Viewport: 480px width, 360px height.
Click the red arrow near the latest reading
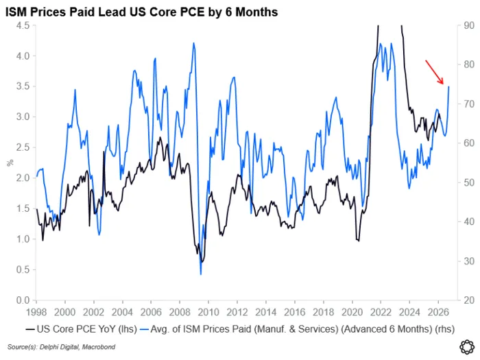[435, 71]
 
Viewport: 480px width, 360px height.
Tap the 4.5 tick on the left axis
[21, 25]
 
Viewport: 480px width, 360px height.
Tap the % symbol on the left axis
[10, 163]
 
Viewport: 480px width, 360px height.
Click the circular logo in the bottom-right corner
[466, 345]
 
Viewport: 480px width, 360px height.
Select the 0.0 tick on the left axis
[21, 300]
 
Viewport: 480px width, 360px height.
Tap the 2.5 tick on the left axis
[21, 147]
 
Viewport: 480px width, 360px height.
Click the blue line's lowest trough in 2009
[201, 274]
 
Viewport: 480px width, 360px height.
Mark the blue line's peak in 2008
[194, 43]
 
